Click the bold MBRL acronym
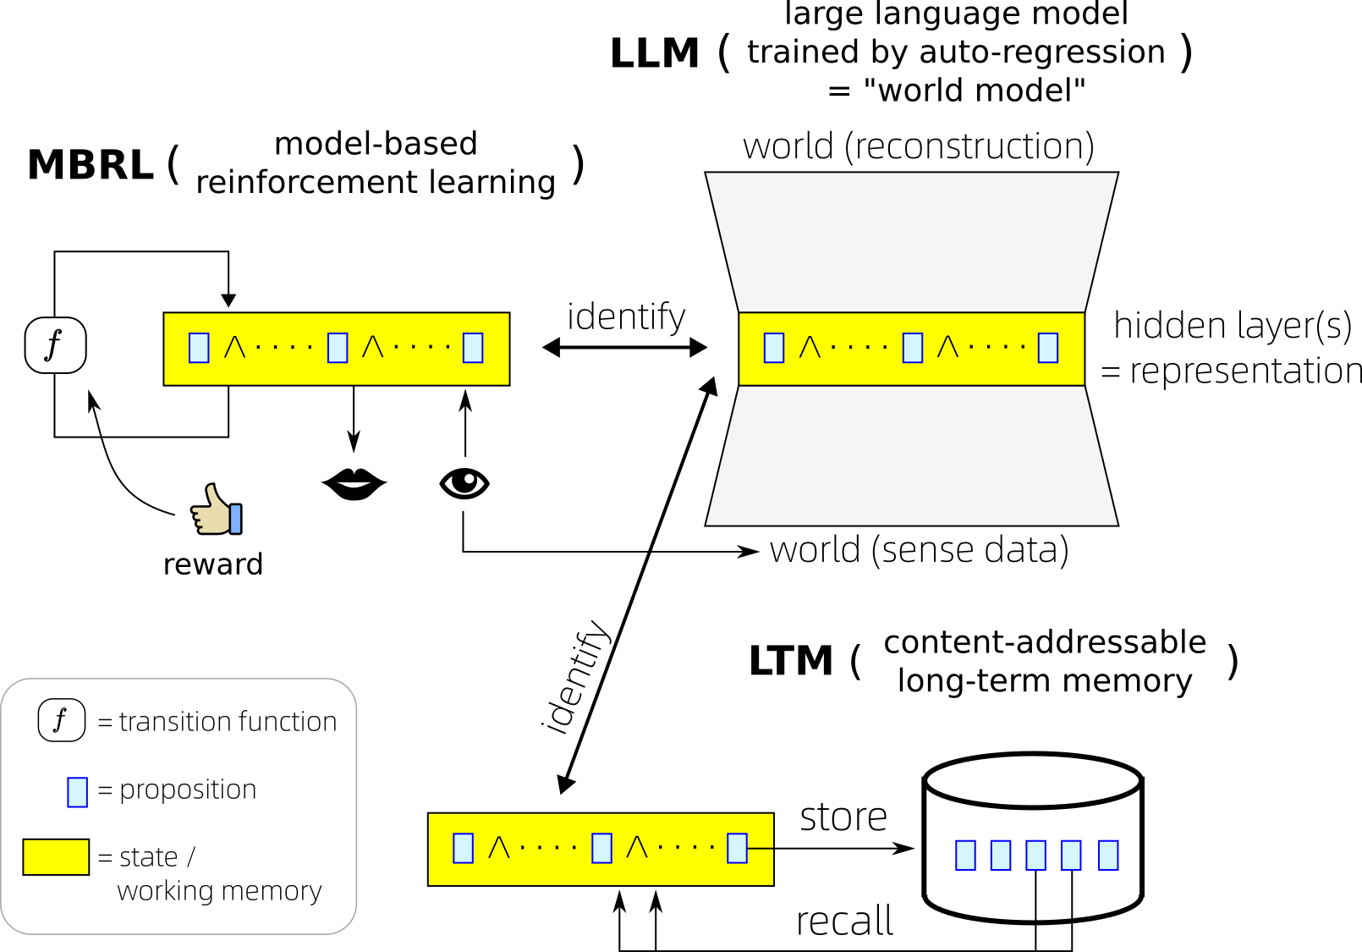point(90,164)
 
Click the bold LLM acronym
point(654,53)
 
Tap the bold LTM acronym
point(790,661)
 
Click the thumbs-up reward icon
point(217,509)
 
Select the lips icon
point(354,484)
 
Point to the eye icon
point(464,483)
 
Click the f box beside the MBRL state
point(55,345)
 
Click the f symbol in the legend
point(61,720)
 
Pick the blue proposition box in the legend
point(77,791)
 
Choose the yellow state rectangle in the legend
point(56,856)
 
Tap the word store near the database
point(843,817)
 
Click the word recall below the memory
point(844,921)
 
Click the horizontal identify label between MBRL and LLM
point(625,316)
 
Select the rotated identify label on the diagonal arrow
point(576,677)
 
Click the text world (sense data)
point(919,550)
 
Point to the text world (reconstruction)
point(918,146)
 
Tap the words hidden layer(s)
point(1232,325)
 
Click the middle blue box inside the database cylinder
point(1035,855)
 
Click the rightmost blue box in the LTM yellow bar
point(737,847)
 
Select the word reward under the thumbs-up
point(212,564)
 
